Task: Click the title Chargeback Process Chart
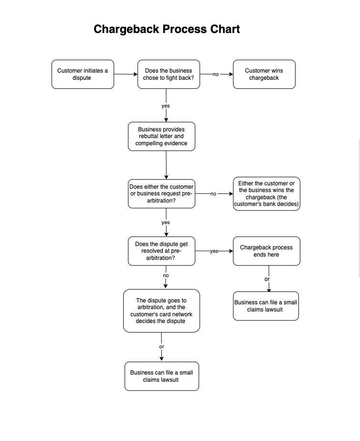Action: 167,29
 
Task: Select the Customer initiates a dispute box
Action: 83,74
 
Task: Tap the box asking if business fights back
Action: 169,74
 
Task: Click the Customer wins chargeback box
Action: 264,74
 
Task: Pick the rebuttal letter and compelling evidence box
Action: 161,136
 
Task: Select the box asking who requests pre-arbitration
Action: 161,194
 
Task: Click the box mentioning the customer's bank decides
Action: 266,194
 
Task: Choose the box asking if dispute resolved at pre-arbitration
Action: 161,251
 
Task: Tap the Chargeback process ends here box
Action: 266,251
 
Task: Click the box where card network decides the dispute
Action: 161,311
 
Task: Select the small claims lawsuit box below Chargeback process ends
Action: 266,306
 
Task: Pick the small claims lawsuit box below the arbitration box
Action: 162,376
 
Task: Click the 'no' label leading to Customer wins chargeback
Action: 216,75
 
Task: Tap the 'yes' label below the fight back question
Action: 166,106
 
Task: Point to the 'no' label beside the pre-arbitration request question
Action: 213,194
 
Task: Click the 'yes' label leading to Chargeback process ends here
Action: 214,251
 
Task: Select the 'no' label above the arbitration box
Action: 166,276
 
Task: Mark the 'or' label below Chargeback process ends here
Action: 267,280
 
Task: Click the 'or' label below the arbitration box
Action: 161,347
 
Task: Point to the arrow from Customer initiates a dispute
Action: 126,74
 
